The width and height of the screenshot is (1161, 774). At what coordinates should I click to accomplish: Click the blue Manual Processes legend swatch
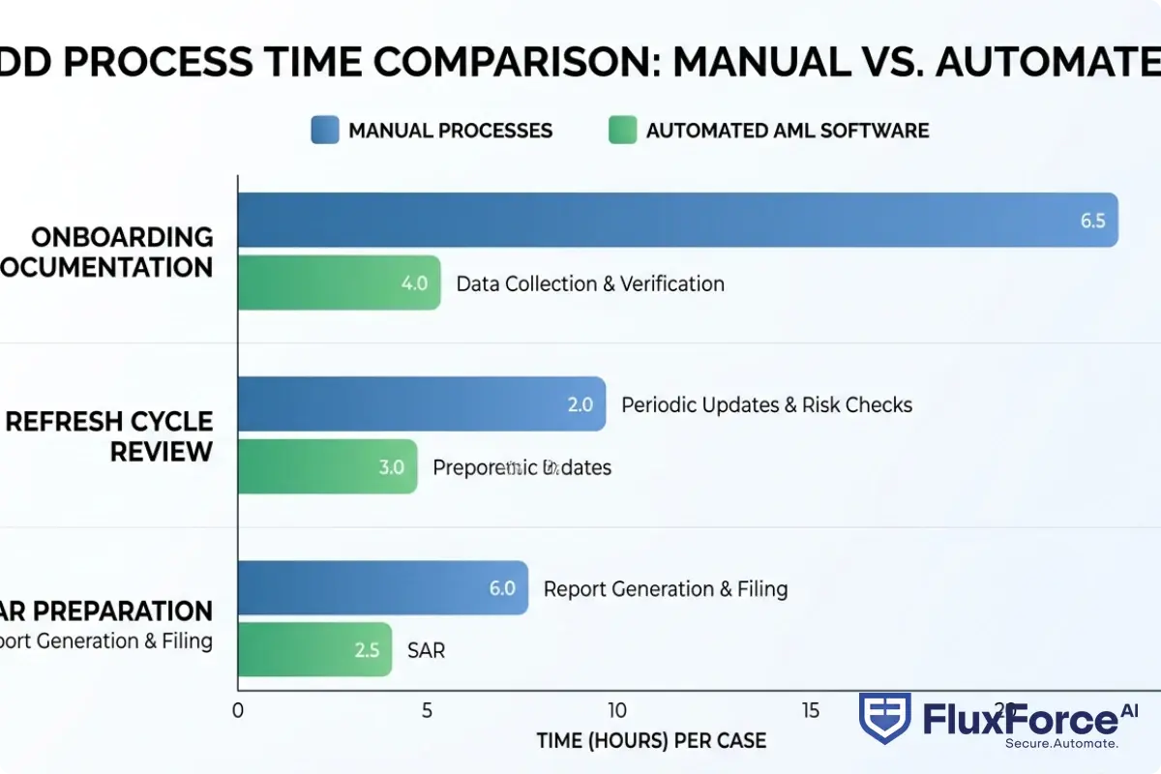click(x=325, y=130)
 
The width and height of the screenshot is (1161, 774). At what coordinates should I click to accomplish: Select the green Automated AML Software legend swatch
click(x=622, y=130)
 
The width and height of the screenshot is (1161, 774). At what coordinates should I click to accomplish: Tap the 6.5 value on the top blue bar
click(x=1092, y=220)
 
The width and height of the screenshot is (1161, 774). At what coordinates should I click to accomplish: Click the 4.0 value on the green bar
click(x=414, y=283)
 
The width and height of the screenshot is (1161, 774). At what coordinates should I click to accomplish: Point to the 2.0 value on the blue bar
click(x=580, y=404)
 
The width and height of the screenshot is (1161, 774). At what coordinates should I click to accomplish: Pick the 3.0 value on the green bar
click(x=391, y=467)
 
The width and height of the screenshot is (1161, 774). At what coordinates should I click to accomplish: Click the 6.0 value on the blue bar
click(x=502, y=587)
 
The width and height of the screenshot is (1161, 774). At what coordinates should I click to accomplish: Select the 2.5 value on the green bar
click(x=367, y=650)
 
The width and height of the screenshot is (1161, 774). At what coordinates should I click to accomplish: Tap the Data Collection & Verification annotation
click(x=590, y=283)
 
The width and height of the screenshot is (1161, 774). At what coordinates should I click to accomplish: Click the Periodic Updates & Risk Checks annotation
click(x=766, y=404)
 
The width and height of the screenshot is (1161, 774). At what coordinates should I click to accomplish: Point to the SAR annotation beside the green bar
click(x=427, y=650)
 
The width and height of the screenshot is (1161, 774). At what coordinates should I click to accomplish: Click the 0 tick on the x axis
click(x=238, y=709)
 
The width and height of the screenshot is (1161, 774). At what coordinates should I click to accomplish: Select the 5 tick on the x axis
click(x=427, y=709)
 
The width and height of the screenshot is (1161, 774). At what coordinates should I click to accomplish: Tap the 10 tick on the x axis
click(x=616, y=709)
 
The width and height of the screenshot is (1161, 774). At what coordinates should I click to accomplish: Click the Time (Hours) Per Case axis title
click(x=651, y=741)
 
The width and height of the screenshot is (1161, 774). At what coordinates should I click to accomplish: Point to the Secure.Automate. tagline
click(x=1061, y=743)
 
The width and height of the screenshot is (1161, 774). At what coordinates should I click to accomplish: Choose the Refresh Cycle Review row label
click(x=109, y=435)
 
